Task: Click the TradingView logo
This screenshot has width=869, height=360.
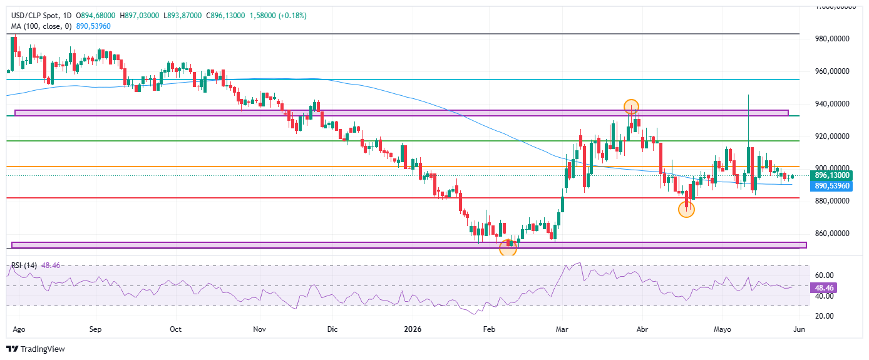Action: coord(35,349)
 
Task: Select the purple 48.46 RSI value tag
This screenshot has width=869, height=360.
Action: coord(824,288)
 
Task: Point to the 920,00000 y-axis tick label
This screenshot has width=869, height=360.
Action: coord(832,136)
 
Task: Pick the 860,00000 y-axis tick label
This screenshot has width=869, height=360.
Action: coord(832,234)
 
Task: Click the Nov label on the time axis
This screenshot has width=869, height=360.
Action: coord(260,329)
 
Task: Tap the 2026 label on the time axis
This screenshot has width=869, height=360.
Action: coord(413,329)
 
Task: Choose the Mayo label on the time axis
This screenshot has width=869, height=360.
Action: coord(722,329)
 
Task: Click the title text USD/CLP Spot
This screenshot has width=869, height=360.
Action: coord(35,16)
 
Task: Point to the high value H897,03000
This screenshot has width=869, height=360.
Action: coord(139,16)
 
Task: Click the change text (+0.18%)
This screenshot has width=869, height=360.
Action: coord(292,16)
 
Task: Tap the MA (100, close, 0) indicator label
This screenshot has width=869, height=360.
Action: coord(41,26)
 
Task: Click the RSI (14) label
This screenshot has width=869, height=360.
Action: coord(24,265)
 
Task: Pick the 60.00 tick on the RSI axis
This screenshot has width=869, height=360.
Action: coord(825,275)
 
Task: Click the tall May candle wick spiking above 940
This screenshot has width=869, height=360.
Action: coord(748,121)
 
